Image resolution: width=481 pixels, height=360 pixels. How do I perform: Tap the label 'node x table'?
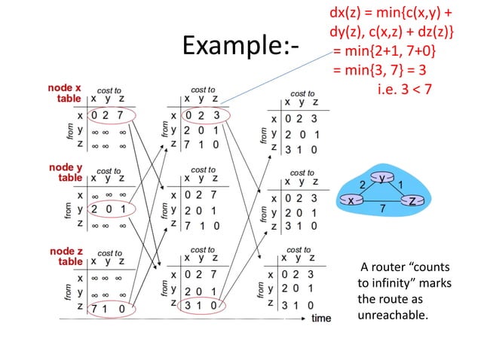(x=66, y=93)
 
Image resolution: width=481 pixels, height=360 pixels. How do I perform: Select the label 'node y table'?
(x=66, y=172)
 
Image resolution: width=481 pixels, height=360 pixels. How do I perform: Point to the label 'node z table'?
(x=66, y=256)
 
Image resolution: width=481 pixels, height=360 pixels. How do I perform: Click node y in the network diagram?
(x=382, y=178)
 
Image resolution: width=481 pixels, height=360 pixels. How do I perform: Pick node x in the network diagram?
(x=351, y=200)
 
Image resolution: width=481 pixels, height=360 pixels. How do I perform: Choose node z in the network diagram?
(x=413, y=200)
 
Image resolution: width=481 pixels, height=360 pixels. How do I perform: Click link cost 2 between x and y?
(x=362, y=183)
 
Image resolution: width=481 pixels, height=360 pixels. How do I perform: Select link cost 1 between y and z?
(x=403, y=183)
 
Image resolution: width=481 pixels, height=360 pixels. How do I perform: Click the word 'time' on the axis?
(x=321, y=318)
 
